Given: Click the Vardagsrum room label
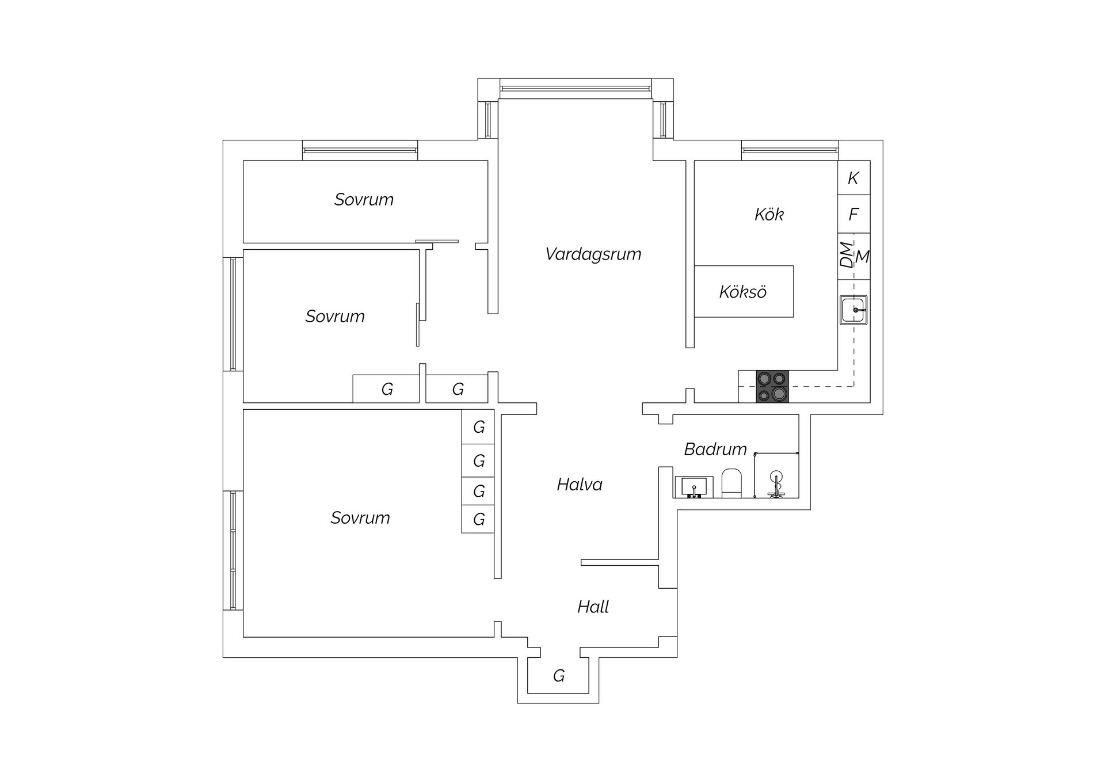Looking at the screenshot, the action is point(593,254).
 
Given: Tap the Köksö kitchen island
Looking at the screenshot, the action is point(744,291).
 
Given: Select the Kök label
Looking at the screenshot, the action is point(769,215).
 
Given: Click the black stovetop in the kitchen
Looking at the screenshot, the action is point(772,386).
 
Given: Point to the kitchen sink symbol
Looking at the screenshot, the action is point(853,310).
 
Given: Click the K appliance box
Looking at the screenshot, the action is point(853,178).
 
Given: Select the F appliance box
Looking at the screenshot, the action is point(853,214).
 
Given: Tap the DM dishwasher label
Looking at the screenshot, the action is point(845,254).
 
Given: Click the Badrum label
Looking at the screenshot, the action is point(715,449).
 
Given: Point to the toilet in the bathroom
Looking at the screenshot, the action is point(732,483).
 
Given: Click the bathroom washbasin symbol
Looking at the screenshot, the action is point(694,487).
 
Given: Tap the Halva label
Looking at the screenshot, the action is point(580,485).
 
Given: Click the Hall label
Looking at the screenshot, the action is point(593,607).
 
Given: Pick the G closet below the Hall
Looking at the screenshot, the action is point(558,676).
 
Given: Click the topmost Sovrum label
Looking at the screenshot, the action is point(364,200).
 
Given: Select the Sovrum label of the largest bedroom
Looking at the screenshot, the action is point(360,518).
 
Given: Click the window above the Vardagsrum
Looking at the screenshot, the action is point(576,89).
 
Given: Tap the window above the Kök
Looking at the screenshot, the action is point(790,150).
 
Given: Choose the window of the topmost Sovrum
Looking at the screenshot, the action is point(360,150).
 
